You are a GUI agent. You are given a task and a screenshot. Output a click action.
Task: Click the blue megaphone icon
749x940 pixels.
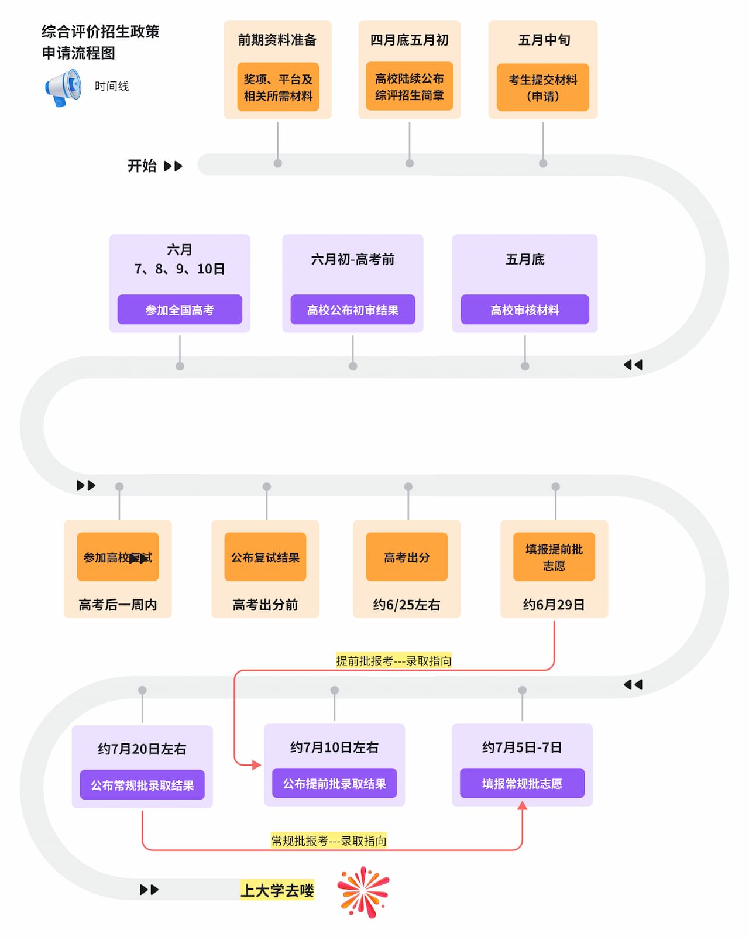(64, 88)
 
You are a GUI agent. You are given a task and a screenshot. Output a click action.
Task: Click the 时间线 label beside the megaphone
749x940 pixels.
(112, 86)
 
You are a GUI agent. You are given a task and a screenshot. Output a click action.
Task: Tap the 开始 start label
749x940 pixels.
(142, 166)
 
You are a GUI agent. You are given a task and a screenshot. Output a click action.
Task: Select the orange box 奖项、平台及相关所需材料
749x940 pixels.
(278, 87)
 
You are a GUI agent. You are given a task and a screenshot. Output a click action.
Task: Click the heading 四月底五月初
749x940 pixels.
(409, 40)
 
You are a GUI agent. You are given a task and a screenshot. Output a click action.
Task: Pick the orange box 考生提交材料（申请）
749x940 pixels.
(542, 87)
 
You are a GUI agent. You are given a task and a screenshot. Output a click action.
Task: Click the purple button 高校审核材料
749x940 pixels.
(524, 310)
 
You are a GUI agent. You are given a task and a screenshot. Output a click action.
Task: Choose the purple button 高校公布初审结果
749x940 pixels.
(352, 310)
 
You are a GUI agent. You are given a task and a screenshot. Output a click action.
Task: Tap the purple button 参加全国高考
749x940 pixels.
(180, 310)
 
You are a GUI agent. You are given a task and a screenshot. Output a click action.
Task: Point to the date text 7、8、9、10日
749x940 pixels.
(180, 269)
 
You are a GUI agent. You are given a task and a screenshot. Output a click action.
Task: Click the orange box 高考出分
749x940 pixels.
(407, 557)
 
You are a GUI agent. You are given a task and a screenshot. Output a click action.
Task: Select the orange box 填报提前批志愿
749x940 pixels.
(554, 557)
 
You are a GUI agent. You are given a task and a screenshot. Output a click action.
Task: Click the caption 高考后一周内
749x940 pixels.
(118, 605)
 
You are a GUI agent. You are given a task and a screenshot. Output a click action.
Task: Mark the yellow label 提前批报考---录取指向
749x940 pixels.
(393, 661)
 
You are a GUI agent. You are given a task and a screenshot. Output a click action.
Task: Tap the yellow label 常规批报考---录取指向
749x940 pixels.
(328, 840)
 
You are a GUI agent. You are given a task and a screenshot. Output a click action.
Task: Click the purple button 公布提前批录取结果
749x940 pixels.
(334, 783)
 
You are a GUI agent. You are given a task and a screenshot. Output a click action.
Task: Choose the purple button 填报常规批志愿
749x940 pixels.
(522, 783)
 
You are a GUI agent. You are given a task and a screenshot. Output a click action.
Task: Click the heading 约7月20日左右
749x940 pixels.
(142, 749)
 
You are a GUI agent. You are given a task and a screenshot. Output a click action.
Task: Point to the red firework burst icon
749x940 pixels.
(363, 891)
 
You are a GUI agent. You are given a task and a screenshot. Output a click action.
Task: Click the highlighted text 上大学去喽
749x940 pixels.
(277, 890)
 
